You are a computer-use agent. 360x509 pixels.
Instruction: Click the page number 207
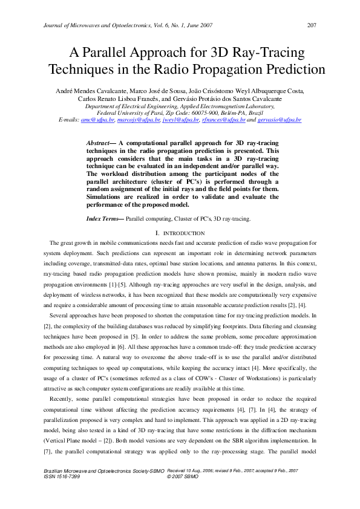click(x=312, y=25)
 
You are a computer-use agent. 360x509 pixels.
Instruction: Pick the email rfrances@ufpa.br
click(x=224, y=120)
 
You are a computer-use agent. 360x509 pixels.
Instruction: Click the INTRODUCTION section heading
click(x=183, y=233)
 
